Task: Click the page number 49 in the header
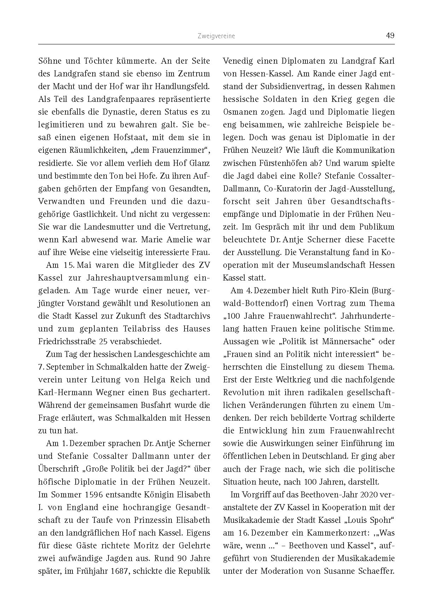click(390, 35)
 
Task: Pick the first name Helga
click(156, 380)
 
